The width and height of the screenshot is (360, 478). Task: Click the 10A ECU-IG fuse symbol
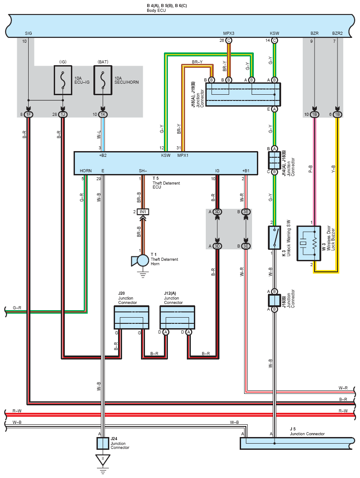(63, 80)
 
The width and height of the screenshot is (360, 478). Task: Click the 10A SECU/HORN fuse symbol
(103, 80)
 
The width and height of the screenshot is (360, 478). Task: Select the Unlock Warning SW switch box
(275, 237)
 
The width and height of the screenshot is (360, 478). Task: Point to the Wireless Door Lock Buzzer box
(309, 243)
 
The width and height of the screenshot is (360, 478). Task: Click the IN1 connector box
(143, 212)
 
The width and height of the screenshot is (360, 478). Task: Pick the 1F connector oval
(28, 115)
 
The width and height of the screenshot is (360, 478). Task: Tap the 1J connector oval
(63, 115)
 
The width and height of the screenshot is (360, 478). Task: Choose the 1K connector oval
(103, 115)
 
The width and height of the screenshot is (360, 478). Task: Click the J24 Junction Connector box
(103, 443)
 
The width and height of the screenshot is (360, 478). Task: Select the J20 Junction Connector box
(131, 318)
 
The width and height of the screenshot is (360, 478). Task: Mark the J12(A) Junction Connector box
(178, 318)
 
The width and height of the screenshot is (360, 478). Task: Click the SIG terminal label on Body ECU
(28, 33)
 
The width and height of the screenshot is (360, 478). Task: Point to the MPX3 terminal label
(229, 33)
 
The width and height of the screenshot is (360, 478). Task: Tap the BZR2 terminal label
(338, 33)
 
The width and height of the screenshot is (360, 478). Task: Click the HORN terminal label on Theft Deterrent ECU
(85, 171)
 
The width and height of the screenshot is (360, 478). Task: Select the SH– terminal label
(143, 171)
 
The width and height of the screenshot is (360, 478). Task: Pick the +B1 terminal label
(246, 171)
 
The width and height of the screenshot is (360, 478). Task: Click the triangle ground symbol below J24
(103, 460)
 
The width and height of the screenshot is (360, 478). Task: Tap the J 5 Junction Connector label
(307, 431)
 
